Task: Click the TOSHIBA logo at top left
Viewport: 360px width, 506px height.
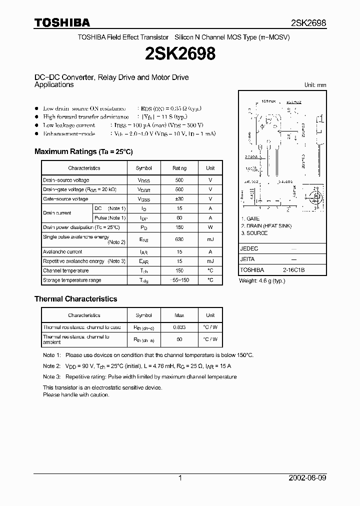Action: click(x=62, y=22)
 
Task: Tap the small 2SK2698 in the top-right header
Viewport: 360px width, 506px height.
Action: click(x=308, y=23)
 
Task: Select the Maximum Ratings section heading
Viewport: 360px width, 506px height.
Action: click(x=83, y=151)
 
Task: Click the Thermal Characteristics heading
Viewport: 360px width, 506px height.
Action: click(x=75, y=299)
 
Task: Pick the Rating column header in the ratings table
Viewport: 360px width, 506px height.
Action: click(x=179, y=168)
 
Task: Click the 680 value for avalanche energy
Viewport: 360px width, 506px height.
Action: click(x=179, y=239)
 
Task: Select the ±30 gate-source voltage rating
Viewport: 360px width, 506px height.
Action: click(x=179, y=199)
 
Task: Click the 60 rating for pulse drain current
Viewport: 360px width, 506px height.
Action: click(x=179, y=218)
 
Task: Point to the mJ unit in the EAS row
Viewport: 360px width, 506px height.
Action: click(x=210, y=239)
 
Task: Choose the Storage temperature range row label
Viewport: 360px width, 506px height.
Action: click(x=72, y=280)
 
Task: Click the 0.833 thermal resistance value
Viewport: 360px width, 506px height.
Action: click(x=179, y=327)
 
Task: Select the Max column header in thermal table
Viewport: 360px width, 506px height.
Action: click(x=179, y=315)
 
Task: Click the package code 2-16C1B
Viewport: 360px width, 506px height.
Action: click(x=293, y=270)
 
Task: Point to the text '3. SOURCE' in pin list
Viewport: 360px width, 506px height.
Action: click(x=254, y=233)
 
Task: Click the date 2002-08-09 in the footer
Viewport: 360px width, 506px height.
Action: click(x=308, y=478)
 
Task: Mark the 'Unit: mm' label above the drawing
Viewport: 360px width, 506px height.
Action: click(x=315, y=85)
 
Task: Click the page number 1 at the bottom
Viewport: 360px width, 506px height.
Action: click(x=180, y=478)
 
